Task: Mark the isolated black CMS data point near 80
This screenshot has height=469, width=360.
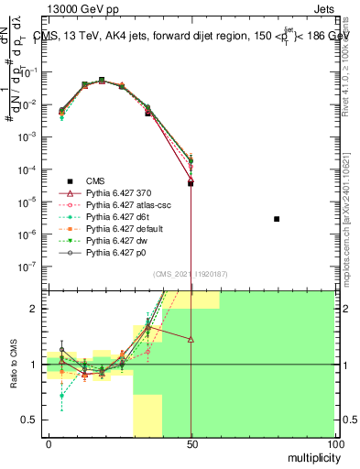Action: pyautogui.click(x=277, y=219)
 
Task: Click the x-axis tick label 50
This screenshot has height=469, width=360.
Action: pyautogui.click(x=191, y=443)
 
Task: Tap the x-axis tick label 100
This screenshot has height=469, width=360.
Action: pyautogui.click(x=334, y=443)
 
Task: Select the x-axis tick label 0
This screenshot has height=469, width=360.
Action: pyautogui.click(x=49, y=443)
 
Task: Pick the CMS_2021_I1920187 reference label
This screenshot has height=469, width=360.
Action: pyautogui.click(x=191, y=274)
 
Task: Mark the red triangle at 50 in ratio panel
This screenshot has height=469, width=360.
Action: pyautogui.click(x=191, y=339)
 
